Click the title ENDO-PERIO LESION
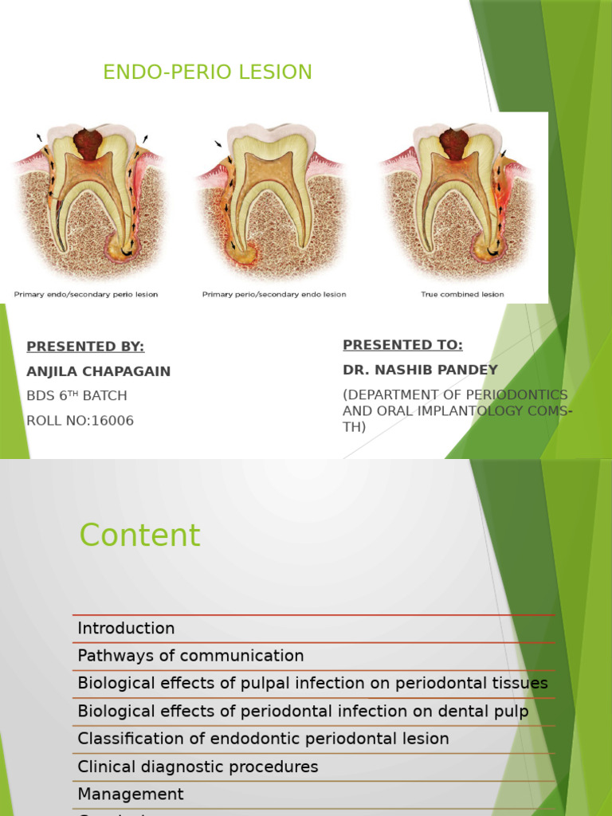point(207,73)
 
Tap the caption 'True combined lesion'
point(462,295)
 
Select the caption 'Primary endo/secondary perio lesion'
point(85,295)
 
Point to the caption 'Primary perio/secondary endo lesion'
point(274,295)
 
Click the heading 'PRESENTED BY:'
point(85,347)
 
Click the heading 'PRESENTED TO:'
point(402,345)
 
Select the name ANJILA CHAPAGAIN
point(98,371)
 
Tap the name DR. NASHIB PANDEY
point(420,370)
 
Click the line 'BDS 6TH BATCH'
point(76,396)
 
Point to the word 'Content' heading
point(139,535)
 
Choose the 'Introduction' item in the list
point(126,629)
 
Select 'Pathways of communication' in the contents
point(190,657)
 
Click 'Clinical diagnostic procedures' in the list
point(198,767)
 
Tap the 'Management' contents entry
point(131,794)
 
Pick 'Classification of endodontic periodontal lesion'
point(263,739)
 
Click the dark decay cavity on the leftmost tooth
point(88,143)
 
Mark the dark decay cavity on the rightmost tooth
point(453,143)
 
